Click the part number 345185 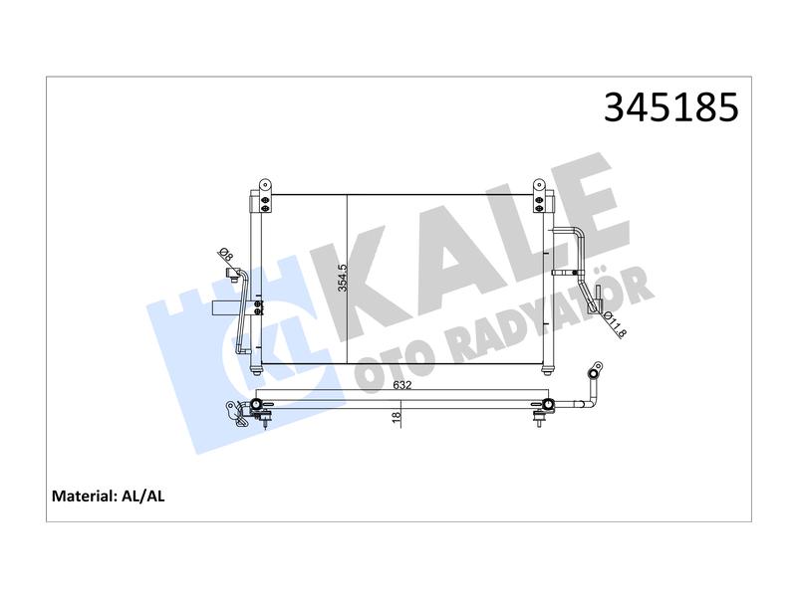pos(670,107)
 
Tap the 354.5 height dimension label pos(343,278)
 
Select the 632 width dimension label pos(401,385)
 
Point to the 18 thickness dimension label pos(397,416)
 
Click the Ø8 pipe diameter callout pos(226,256)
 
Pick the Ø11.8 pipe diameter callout pos(615,326)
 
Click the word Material pos(85,496)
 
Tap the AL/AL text pos(143,496)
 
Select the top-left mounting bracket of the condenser pos(264,196)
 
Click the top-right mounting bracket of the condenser pos(539,196)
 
